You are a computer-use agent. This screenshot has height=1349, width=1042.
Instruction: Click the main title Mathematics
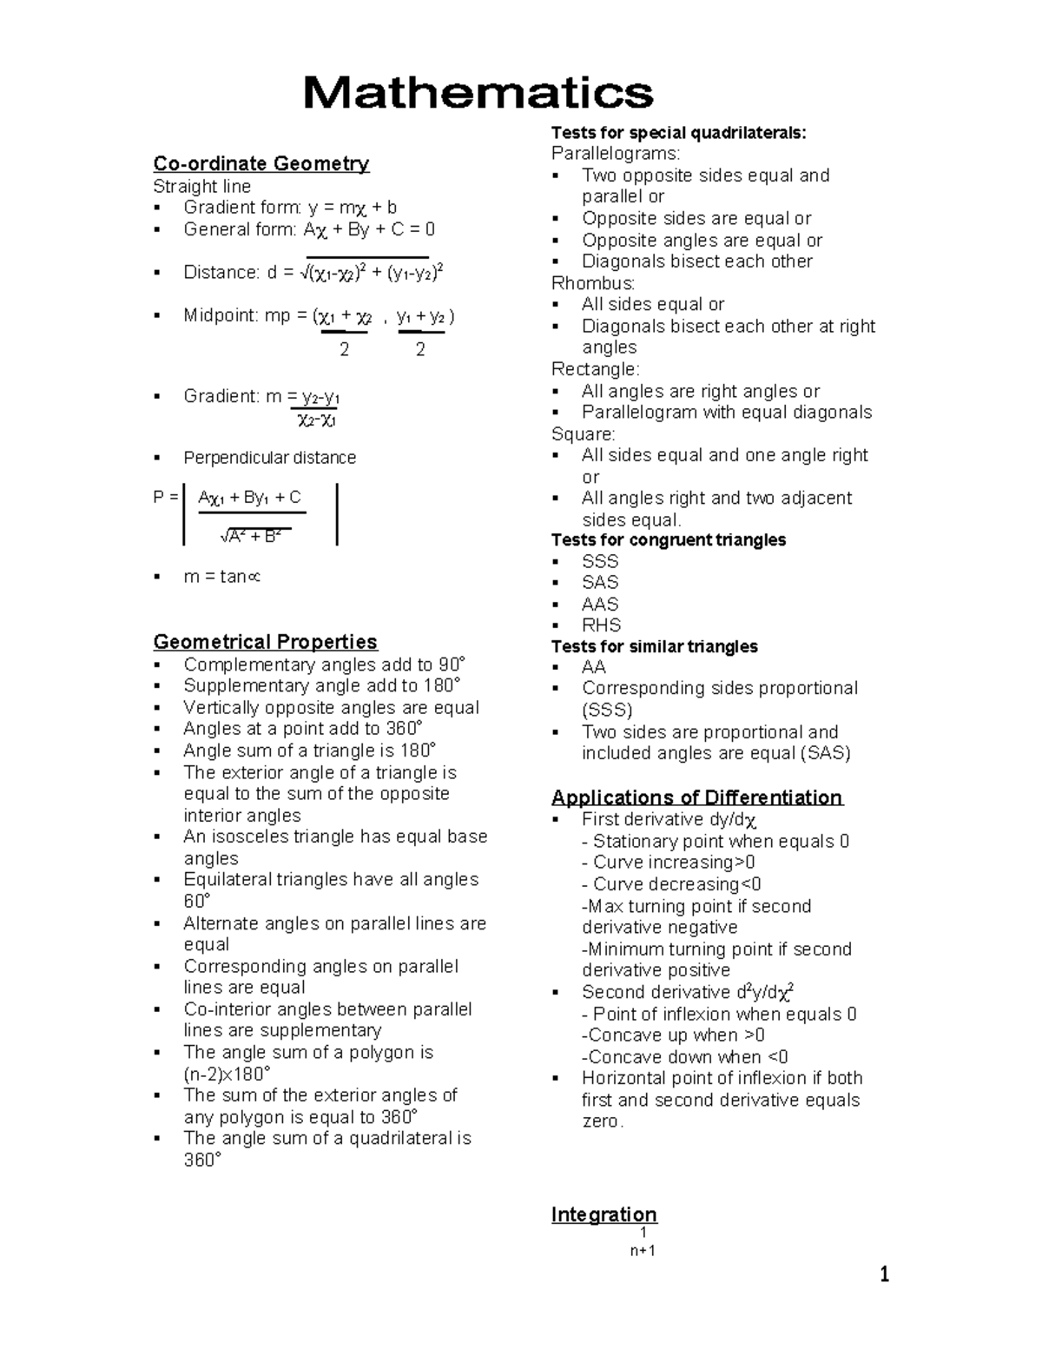click(x=478, y=93)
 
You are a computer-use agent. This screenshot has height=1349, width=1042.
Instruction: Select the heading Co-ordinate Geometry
click(x=260, y=163)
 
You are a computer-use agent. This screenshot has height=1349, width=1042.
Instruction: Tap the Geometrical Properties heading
click(x=265, y=642)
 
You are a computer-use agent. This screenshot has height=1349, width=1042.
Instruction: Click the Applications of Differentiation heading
click(x=696, y=797)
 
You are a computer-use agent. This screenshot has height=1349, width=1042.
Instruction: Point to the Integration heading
click(x=603, y=1214)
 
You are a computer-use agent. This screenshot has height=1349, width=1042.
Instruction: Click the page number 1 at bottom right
click(x=884, y=1275)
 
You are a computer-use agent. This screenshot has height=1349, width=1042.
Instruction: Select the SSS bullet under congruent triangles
click(x=600, y=561)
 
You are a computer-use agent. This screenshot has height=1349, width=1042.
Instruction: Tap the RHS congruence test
click(x=601, y=625)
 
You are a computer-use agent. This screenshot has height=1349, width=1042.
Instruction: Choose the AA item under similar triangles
click(x=594, y=667)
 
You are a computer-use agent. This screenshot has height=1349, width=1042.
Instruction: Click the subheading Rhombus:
click(x=593, y=283)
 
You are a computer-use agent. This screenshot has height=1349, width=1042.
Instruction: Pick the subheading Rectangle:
click(x=595, y=369)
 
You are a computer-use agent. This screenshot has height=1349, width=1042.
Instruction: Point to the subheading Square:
click(x=583, y=433)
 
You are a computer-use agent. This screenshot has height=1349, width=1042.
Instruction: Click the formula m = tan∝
click(x=221, y=577)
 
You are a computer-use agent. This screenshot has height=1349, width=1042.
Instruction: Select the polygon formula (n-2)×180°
click(x=227, y=1074)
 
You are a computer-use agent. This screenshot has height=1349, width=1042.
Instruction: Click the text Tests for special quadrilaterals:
click(x=678, y=133)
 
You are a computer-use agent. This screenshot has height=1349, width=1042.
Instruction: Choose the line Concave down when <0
click(x=684, y=1057)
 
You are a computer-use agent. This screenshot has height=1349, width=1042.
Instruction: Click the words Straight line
click(x=201, y=186)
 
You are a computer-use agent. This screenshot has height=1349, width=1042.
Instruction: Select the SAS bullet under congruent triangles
click(x=600, y=583)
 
